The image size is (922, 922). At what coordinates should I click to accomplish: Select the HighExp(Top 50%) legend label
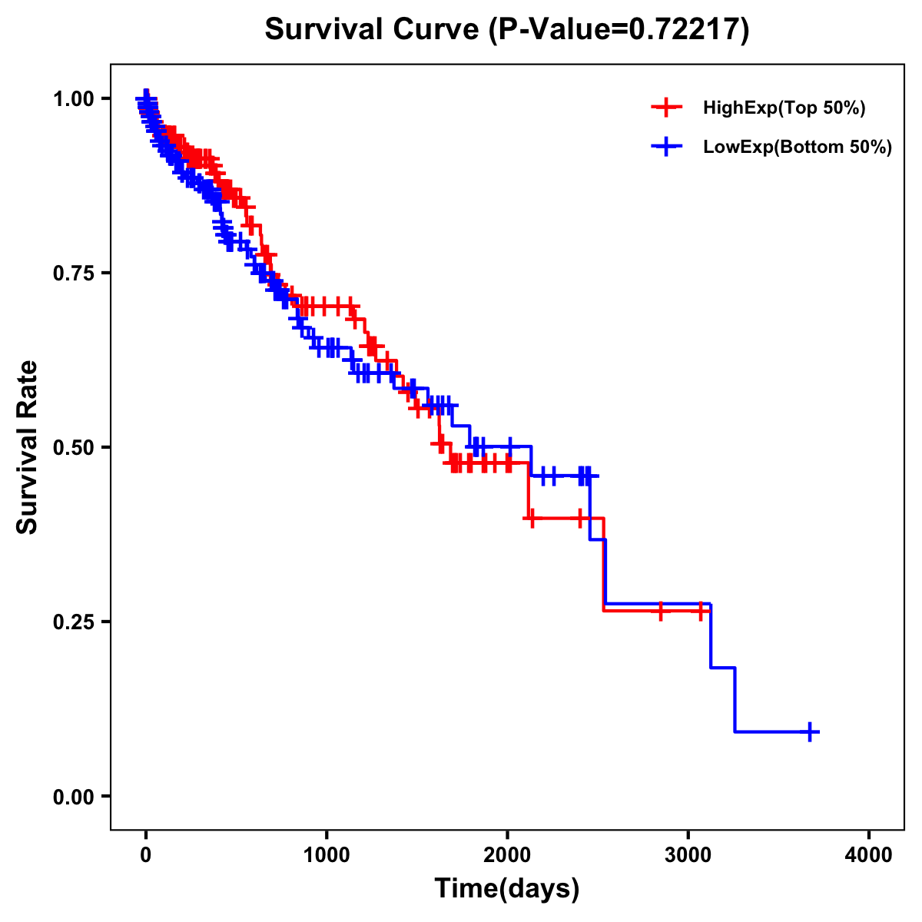pyautogui.click(x=784, y=108)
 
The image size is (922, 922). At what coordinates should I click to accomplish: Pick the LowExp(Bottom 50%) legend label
pyautogui.click(x=798, y=147)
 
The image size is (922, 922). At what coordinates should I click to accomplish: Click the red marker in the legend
pyautogui.click(x=666, y=108)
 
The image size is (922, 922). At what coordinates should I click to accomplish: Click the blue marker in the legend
pyautogui.click(x=666, y=146)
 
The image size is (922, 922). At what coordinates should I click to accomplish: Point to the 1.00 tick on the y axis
pyautogui.click(x=73, y=98)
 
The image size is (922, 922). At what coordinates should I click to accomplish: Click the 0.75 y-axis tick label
pyautogui.click(x=73, y=273)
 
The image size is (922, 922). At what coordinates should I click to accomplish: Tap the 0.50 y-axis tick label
pyautogui.click(x=73, y=447)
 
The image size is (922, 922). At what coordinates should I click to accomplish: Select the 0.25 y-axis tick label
pyautogui.click(x=73, y=622)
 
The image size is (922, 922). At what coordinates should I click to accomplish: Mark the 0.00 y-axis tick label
pyautogui.click(x=73, y=796)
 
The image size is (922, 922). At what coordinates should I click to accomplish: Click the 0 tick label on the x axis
pyautogui.click(x=146, y=854)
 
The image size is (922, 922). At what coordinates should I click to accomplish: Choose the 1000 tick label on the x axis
pyautogui.click(x=327, y=854)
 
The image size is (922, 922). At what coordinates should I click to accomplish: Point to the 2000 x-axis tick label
pyautogui.click(x=507, y=854)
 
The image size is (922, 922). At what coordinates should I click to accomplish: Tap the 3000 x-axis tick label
pyautogui.click(x=688, y=854)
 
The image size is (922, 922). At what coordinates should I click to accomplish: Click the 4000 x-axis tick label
pyautogui.click(x=869, y=854)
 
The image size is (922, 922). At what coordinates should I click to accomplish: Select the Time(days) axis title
pyautogui.click(x=507, y=888)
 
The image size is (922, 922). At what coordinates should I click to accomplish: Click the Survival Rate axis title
pyautogui.click(x=28, y=447)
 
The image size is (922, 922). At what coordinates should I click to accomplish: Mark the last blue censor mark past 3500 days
pyautogui.click(x=810, y=731)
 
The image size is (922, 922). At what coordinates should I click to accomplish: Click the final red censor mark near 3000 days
pyautogui.click(x=701, y=612)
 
